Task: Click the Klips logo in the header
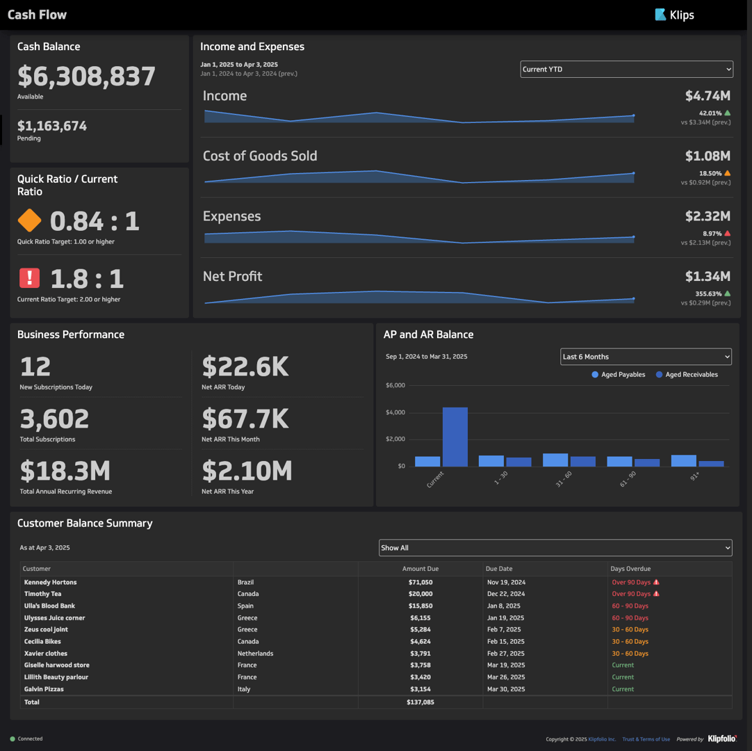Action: point(674,15)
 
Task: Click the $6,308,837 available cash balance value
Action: point(86,76)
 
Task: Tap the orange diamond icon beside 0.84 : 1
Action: point(29,220)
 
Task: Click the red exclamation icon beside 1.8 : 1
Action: point(29,278)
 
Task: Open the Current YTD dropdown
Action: point(626,69)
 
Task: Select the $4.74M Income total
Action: point(707,96)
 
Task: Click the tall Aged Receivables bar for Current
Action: point(455,437)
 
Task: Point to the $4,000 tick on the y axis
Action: point(395,412)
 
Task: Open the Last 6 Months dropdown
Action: point(646,357)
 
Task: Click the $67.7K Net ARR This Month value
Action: point(245,419)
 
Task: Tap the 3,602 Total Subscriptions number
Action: point(54,419)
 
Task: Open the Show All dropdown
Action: point(555,548)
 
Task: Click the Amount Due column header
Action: point(420,569)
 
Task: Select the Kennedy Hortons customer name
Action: point(50,582)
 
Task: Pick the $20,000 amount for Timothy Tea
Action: point(420,594)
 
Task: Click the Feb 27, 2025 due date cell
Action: point(504,654)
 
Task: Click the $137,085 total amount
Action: point(420,702)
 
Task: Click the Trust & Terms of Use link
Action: point(646,739)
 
